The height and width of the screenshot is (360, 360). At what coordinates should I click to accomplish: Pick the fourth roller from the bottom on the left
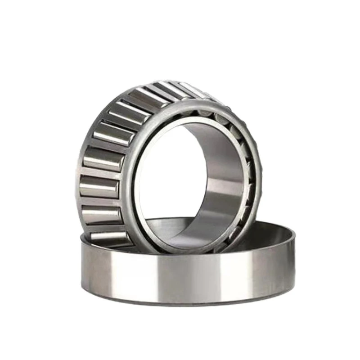pyautogui.click(x=102, y=158)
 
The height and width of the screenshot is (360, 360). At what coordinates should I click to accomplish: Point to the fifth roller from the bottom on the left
pyautogui.click(x=110, y=132)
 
